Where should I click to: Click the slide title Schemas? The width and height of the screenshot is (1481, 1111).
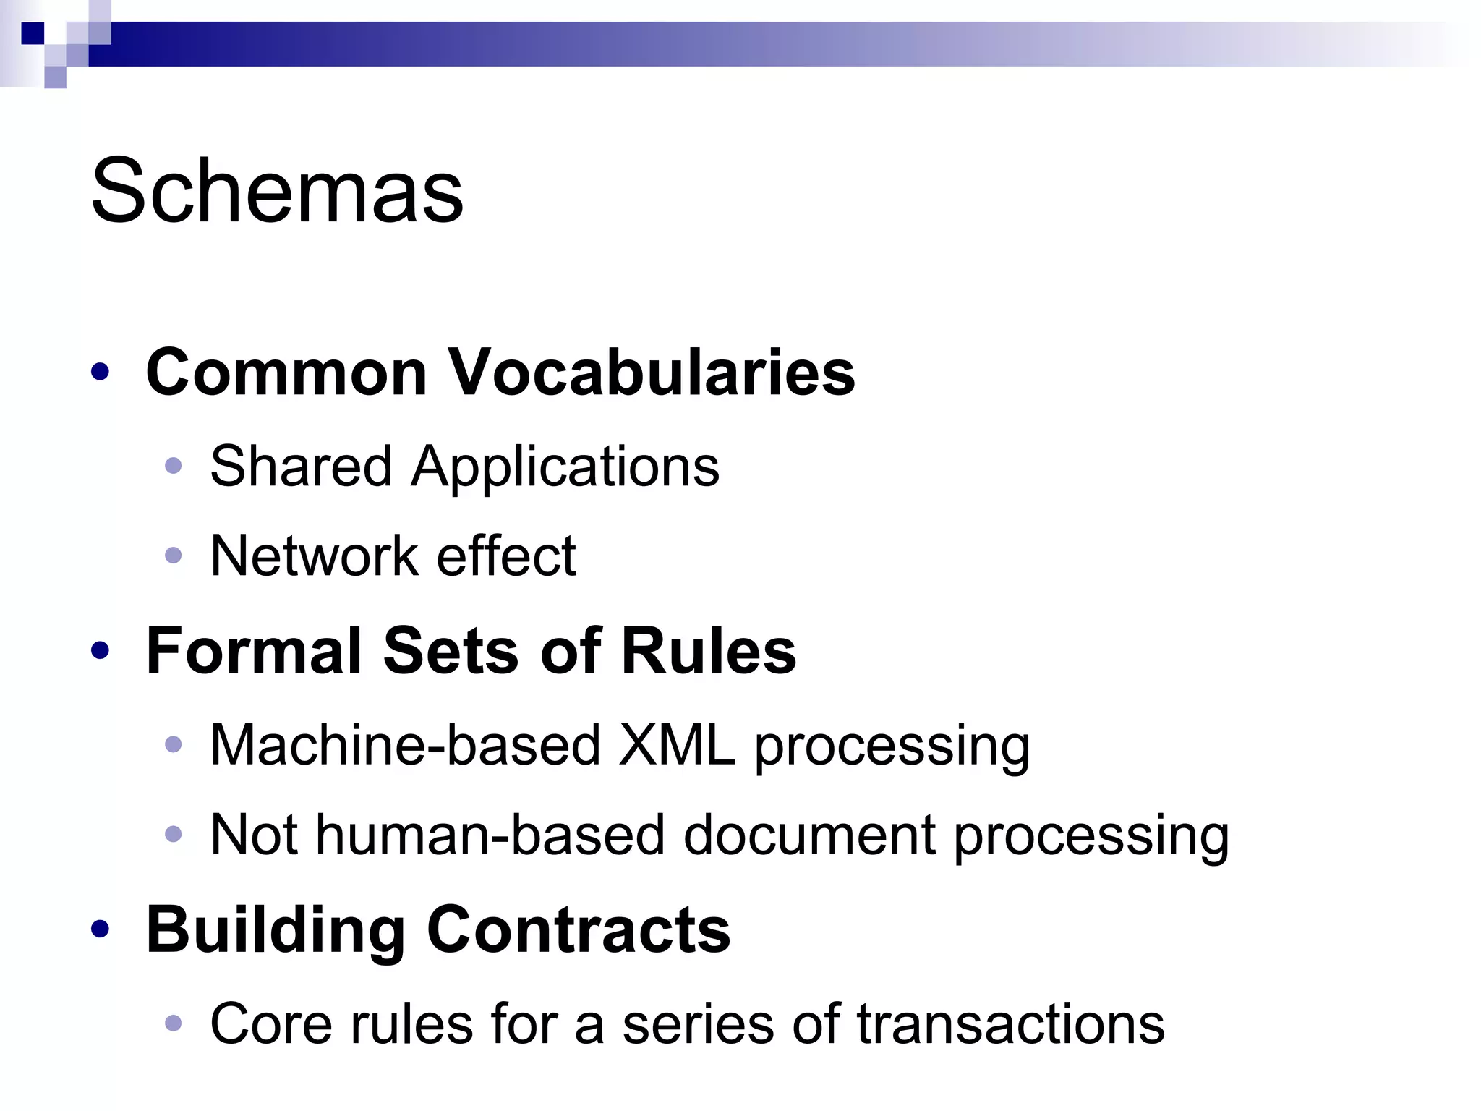pyautogui.click(x=277, y=191)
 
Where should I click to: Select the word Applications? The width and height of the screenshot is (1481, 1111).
pyautogui.click(x=565, y=467)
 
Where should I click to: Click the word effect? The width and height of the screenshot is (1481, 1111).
pyautogui.click(x=506, y=556)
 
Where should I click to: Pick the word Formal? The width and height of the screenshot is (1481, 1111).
pyautogui.click(x=254, y=651)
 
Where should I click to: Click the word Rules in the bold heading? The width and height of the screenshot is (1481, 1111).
pyautogui.click(x=708, y=651)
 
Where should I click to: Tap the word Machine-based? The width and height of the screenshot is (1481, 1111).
pyautogui.click(x=405, y=745)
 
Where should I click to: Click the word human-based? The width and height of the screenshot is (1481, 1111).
pyautogui.click(x=490, y=835)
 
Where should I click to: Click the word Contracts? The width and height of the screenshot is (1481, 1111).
pyautogui.click(x=579, y=930)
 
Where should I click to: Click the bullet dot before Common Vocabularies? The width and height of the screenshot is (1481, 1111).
pyautogui.click(x=101, y=373)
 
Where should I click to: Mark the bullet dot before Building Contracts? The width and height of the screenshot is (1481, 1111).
pyautogui.click(x=101, y=929)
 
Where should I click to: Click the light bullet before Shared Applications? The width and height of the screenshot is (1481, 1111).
pyautogui.click(x=173, y=465)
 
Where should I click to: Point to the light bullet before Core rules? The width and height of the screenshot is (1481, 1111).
pyautogui.click(x=173, y=1023)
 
